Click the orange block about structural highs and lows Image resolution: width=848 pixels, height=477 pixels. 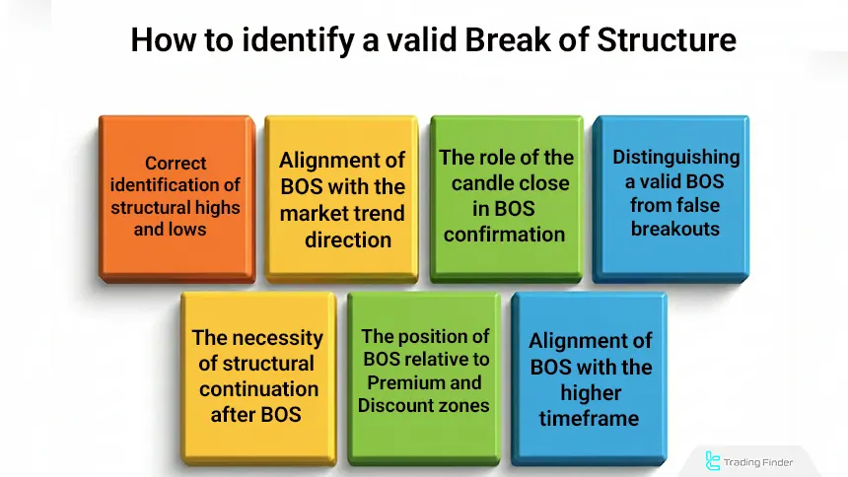click(x=176, y=197)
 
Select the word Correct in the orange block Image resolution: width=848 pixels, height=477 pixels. click(x=176, y=164)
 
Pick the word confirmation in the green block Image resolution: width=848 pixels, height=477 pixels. click(x=504, y=234)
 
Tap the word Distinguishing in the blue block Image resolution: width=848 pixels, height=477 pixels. click(x=675, y=157)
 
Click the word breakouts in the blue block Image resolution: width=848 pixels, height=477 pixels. click(x=675, y=229)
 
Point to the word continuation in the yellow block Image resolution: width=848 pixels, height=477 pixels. click(x=258, y=388)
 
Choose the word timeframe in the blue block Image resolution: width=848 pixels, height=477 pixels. click(x=589, y=418)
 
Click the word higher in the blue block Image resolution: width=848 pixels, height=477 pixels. click(x=590, y=392)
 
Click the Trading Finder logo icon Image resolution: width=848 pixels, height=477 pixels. click(x=713, y=460)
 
